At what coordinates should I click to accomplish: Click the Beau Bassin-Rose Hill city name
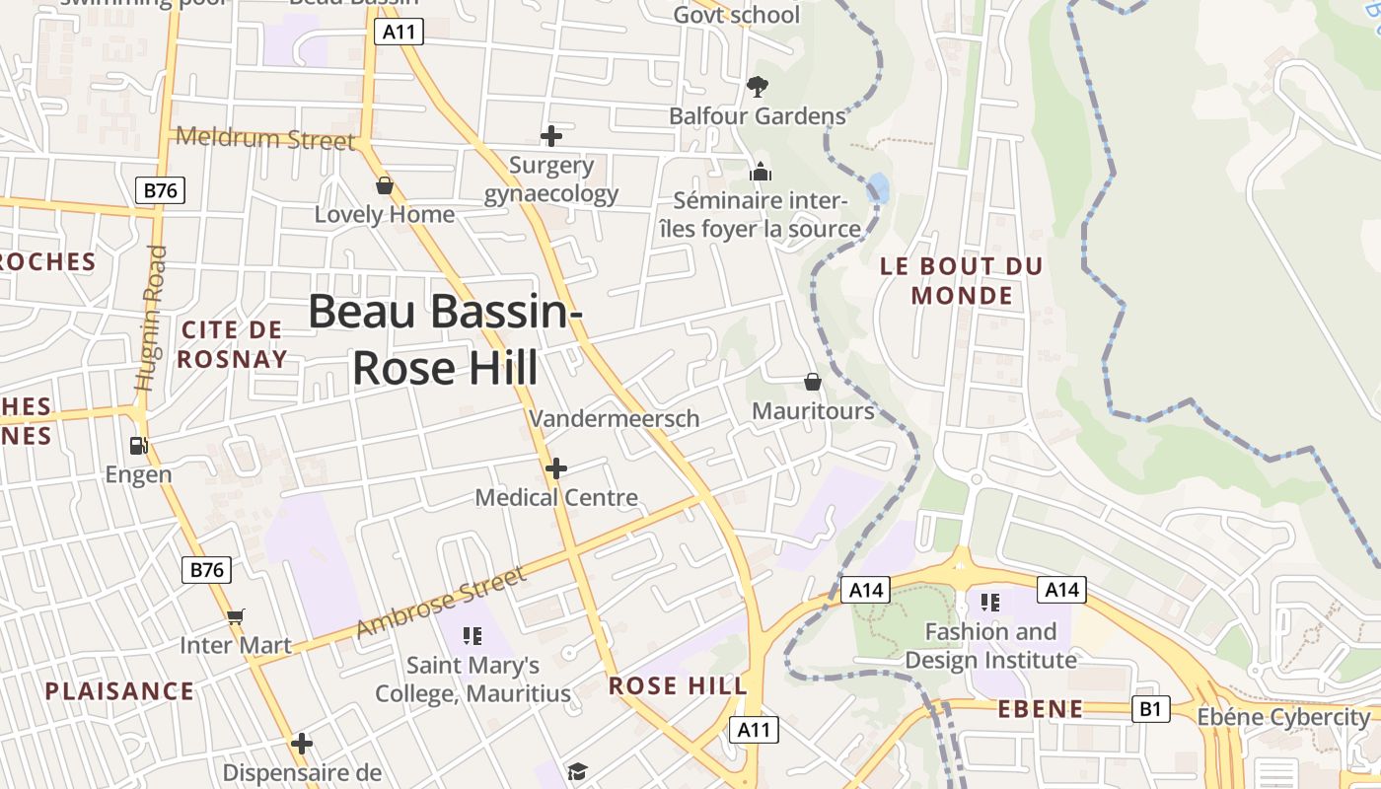coord(445,339)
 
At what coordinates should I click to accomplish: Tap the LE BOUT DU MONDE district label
coord(962,280)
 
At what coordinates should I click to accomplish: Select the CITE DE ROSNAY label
coord(233,344)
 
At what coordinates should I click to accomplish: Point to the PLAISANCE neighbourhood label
coord(119,690)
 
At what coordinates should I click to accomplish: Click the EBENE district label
coord(1041,709)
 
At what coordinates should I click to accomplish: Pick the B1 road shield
coord(1150,709)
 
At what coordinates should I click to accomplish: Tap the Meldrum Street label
coord(264,138)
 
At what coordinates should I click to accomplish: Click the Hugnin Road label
coord(151,318)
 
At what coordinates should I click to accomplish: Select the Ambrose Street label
coord(440,602)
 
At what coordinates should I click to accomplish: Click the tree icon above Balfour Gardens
coord(757,87)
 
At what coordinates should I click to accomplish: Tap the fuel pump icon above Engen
coord(139,446)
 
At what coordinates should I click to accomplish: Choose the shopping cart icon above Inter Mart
coord(235,617)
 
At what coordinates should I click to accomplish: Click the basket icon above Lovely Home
coord(385,185)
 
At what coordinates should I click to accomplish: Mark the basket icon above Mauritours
coord(813,382)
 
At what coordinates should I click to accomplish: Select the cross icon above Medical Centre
coord(556,468)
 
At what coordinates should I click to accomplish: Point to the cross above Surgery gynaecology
coord(551,136)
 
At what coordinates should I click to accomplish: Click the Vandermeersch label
coord(614,418)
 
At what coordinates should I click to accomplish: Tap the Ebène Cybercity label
coord(1283,717)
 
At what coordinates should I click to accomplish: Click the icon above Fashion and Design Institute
coord(990,602)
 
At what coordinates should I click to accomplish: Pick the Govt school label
coord(737,15)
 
